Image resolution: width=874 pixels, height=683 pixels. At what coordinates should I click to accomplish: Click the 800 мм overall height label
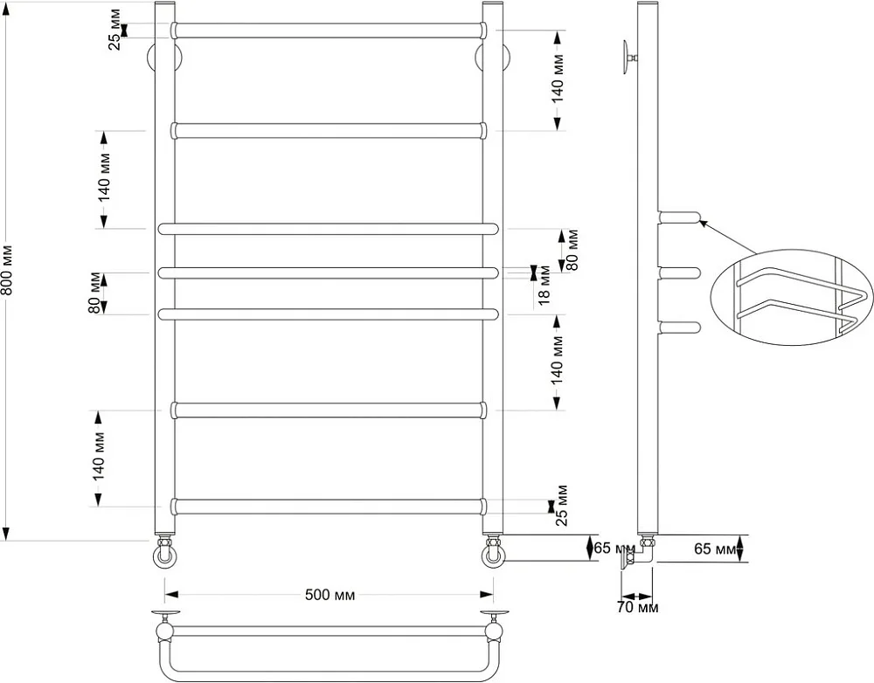[x=7, y=271]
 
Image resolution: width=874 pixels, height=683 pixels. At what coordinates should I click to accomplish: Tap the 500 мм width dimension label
[x=329, y=595]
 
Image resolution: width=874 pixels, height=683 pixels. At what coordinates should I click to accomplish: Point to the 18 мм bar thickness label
[x=545, y=286]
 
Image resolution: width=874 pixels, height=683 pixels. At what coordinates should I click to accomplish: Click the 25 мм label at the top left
[x=114, y=30]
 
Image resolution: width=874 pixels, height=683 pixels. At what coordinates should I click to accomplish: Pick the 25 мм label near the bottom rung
[x=562, y=506]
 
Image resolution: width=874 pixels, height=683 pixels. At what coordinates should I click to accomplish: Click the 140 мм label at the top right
[x=558, y=79]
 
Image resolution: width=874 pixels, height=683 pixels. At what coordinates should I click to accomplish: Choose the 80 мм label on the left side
[x=94, y=293]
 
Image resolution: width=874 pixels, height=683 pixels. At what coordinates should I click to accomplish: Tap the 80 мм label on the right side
[x=572, y=250]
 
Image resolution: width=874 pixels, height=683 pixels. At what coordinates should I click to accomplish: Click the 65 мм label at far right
[x=715, y=548]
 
